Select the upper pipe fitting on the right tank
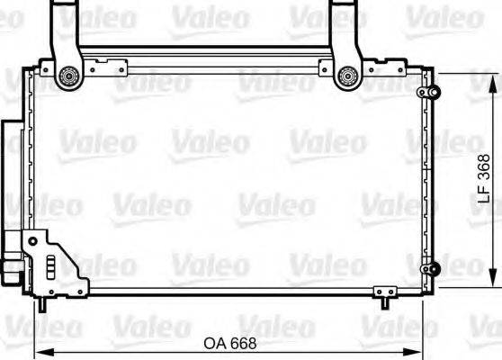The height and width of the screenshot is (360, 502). [431, 93]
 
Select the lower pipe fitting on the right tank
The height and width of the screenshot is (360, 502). [432, 268]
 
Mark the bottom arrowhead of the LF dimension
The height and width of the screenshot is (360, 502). [491, 281]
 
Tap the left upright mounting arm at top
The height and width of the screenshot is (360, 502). [65, 27]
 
